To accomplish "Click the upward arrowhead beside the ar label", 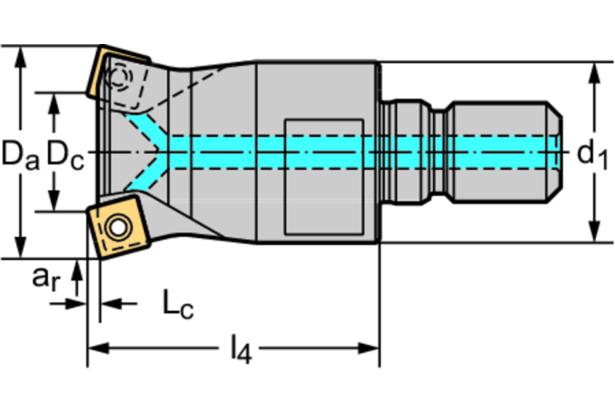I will tap(77, 270).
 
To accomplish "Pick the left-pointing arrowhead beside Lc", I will tap(107, 304).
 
